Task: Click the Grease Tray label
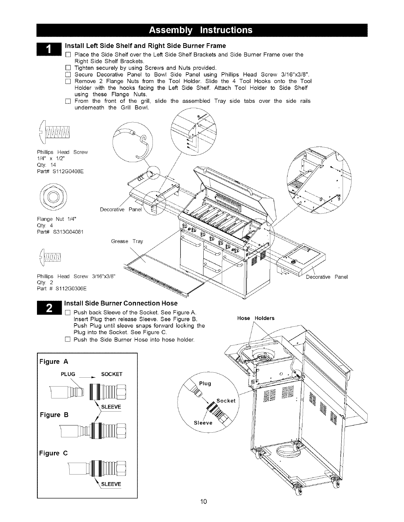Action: point(127,241)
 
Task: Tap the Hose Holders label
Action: point(256,318)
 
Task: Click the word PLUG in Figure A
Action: point(68,374)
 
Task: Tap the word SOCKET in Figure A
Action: point(112,374)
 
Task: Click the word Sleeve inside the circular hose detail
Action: point(203,422)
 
